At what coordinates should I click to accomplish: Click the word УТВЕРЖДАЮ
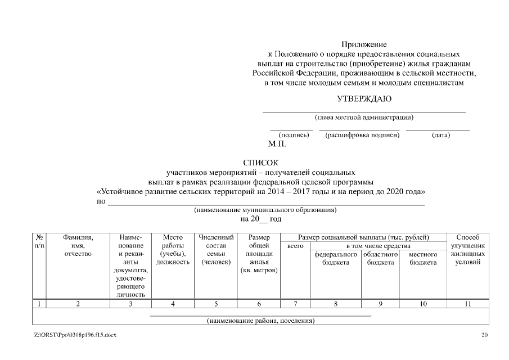click(x=364, y=100)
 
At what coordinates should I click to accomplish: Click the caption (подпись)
click(x=294, y=135)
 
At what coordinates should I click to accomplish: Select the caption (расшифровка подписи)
click(x=362, y=135)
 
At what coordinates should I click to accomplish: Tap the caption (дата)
click(x=440, y=135)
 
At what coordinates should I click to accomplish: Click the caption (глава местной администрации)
click(x=364, y=118)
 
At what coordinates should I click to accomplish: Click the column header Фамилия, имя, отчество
click(x=78, y=246)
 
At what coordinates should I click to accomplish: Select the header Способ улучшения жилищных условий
click(x=467, y=250)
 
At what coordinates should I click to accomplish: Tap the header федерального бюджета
click(x=336, y=259)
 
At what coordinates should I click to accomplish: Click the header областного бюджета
click(x=380, y=259)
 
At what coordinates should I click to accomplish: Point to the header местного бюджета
click(x=423, y=259)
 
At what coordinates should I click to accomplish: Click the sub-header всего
click(x=295, y=246)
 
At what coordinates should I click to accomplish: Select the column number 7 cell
click(x=295, y=304)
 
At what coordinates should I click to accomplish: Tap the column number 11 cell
click(x=467, y=304)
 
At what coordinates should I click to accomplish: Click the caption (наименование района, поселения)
click(x=260, y=321)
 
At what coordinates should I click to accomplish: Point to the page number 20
click(x=485, y=336)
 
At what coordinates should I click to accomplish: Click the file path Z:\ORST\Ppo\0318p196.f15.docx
click(x=75, y=336)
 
